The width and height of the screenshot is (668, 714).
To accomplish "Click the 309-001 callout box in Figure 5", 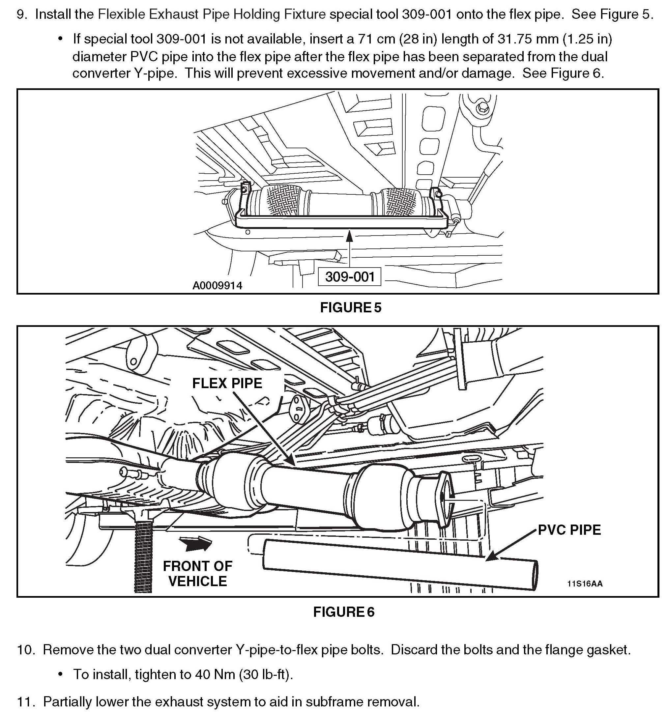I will point(349,277).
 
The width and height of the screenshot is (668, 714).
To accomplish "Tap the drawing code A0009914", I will point(217,286).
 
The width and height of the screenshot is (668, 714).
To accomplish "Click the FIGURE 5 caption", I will point(351,307).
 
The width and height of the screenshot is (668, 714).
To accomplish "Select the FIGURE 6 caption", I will point(344,612).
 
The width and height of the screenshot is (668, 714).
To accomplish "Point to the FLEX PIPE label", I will point(227,383).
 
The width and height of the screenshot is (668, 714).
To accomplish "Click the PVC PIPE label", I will point(569,530).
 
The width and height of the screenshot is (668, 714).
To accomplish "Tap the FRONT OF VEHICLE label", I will point(197,574).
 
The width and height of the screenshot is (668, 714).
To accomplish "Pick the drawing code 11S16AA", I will point(585,584).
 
